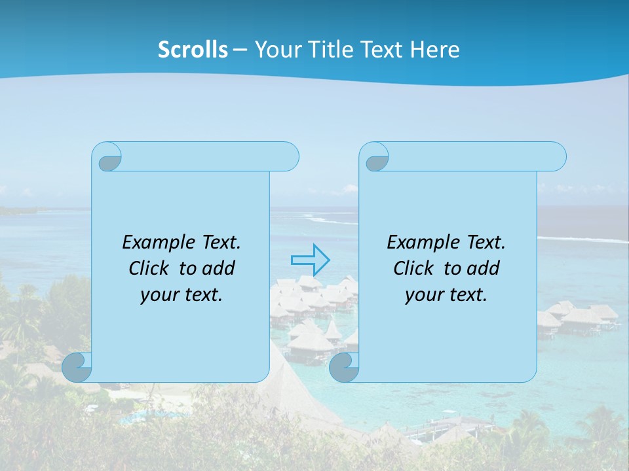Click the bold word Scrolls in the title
point(193,50)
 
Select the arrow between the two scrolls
point(310,260)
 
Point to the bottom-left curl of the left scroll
point(77,367)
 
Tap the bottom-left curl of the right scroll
point(344,367)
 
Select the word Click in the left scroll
point(143,268)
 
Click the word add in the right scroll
point(484,268)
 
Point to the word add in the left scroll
point(219,268)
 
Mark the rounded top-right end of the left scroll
point(288,157)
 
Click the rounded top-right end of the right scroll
point(556,157)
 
